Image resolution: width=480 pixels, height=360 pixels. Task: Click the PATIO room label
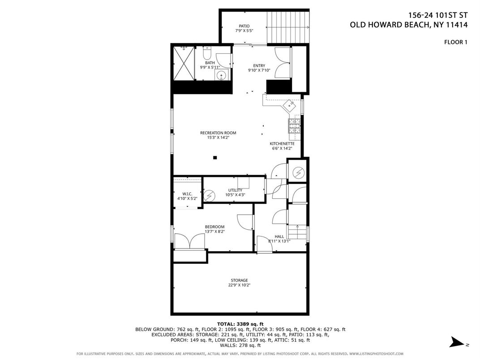pos(244,26)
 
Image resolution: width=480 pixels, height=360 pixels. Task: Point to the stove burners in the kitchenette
pos(295,126)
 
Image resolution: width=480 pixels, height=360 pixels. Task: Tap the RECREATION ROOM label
pos(218,133)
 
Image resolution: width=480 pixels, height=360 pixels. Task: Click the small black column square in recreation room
pos(215,158)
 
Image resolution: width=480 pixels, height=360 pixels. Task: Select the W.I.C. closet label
pos(187,194)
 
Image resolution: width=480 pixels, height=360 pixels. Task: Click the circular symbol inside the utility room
pos(210,195)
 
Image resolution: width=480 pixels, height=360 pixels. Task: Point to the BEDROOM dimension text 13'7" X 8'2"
pos(215,232)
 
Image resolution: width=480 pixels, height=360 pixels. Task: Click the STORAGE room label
pos(240,280)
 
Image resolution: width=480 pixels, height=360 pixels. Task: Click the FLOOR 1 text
pos(456,42)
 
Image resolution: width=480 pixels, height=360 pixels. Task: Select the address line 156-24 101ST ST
pos(438,15)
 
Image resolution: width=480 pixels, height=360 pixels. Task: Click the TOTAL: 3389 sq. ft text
pos(240,324)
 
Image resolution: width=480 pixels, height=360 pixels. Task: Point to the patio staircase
pos(288,28)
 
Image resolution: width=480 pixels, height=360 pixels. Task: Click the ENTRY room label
pos(259,65)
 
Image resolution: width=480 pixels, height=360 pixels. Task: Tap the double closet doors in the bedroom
pos(190,241)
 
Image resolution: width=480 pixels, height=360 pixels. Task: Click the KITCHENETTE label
pos(282,144)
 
